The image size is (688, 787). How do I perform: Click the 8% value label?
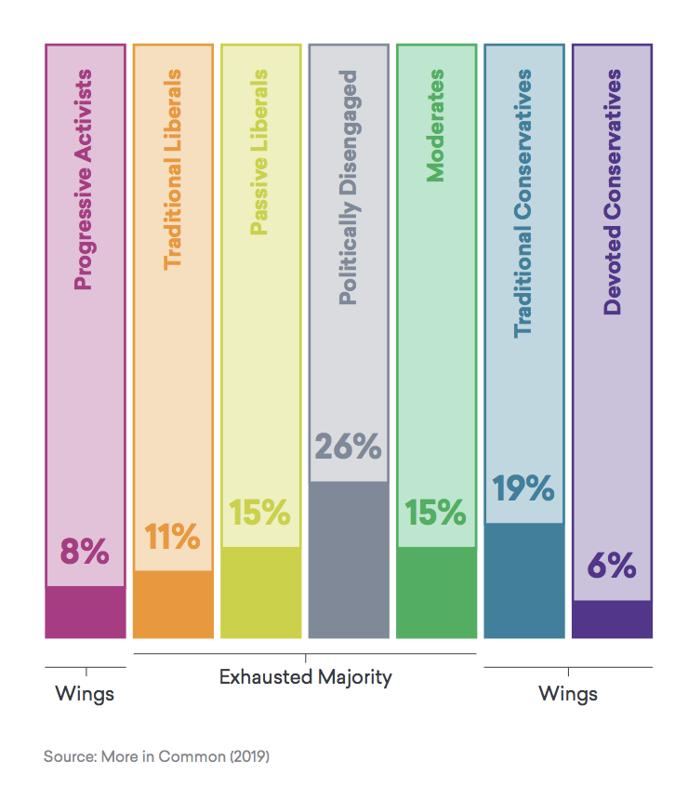(85, 553)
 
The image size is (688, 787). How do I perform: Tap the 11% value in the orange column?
(172, 537)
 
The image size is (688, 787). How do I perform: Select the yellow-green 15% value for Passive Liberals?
(260, 513)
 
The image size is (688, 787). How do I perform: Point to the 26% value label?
(348, 447)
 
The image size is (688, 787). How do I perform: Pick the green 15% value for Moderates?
(435, 513)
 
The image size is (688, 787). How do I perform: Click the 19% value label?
(523, 488)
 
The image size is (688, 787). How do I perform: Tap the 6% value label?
(611, 566)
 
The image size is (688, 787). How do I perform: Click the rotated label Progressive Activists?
(84, 179)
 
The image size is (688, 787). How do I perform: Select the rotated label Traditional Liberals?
(172, 168)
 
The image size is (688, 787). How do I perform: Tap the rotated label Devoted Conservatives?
(612, 192)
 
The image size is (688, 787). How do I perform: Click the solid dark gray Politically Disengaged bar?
(348, 560)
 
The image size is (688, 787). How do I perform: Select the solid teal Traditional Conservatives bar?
(523, 580)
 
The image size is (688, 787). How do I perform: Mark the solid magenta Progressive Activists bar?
(85, 612)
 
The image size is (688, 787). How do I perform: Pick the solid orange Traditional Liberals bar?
(172, 605)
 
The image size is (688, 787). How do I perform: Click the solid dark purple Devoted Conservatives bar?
(611, 620)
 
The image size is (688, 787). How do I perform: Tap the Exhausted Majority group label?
(305, 677)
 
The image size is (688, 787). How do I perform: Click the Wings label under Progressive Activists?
(85, 694)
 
